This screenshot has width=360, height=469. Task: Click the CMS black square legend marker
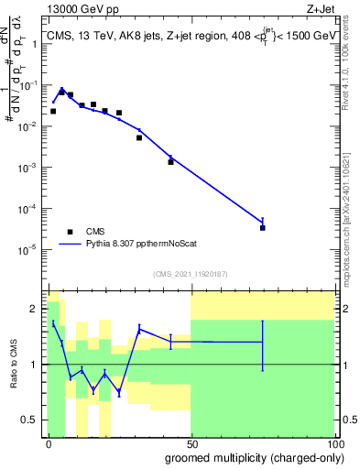pyautogui.click(x=70, y=232)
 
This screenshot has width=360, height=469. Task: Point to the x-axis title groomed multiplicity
pyautogui.click(x=243, y=456)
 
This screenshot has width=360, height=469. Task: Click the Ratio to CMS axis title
pyautogui.click(x=13, y=379)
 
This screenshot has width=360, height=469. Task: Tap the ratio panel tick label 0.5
pyautogui.click(x=33, y=420)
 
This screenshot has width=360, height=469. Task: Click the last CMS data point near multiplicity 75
pyautogui.click(x=262, y=227)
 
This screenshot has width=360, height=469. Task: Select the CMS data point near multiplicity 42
pyautogui.click(x=170, y=161)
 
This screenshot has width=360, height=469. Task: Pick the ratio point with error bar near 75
pyautogui.click(x=262, y=342)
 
